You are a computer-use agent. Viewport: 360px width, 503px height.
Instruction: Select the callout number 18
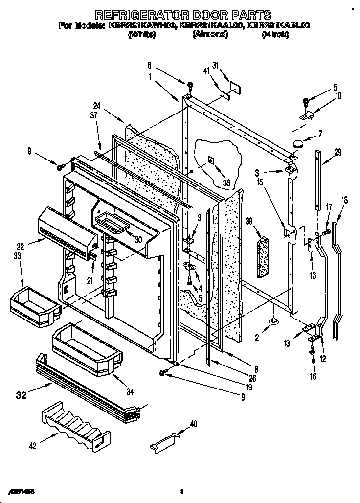[345, 199]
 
